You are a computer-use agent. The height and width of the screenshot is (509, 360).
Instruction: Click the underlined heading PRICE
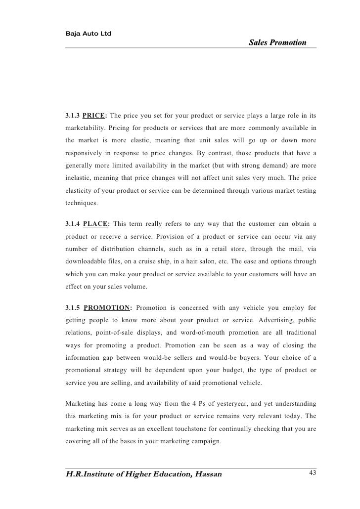click(x=93, y=116)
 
